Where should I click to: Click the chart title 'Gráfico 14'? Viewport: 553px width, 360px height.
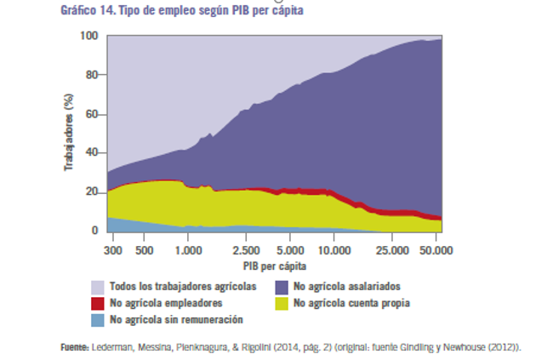[84, 11]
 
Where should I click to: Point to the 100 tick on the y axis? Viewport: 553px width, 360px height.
[88, 36]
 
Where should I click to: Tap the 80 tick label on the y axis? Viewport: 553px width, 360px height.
[92, 75]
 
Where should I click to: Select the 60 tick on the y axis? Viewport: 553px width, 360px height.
[92, 114]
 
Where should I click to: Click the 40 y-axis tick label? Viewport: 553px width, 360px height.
[92, 153]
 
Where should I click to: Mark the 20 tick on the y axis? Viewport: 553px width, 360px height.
[92, 191]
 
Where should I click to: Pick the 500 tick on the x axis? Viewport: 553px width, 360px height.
[144, 251]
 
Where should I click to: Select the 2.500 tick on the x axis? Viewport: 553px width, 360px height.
[246, 251]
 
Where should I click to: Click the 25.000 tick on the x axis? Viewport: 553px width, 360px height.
[392, 251]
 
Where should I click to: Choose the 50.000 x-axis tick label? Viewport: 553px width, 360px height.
[436, 251]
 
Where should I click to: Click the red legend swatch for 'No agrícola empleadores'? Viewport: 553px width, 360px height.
[98, 303]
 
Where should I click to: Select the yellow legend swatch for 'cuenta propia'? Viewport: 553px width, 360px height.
[282, 303]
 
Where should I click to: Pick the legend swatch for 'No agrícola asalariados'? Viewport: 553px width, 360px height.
[282, 287]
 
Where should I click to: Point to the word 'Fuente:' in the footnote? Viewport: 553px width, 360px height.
[75, 347]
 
